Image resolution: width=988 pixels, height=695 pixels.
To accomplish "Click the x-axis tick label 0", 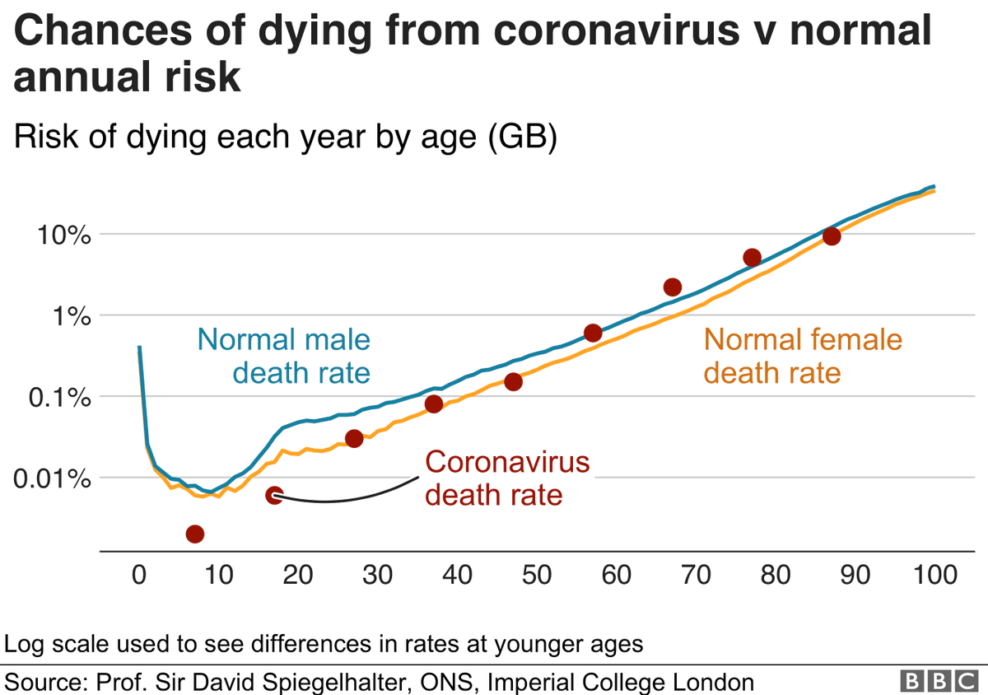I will pos(139,575).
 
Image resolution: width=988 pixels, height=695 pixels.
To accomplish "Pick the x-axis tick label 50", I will pos(537,575).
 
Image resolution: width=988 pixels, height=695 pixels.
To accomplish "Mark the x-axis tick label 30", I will pos(378,575).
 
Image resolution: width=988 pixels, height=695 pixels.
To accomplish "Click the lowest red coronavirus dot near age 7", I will pos(194,534).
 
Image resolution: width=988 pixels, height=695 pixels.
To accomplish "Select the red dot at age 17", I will pos(274,495).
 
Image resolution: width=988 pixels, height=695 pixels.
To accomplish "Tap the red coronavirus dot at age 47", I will pos(513,381).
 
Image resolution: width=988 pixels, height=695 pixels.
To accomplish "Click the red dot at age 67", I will pos(672,287).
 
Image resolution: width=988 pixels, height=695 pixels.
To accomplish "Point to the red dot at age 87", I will pos(832,236).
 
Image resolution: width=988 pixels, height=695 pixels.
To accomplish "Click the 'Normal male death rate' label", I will pos(284,356).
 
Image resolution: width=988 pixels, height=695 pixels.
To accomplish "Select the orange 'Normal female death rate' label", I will pos(803,356).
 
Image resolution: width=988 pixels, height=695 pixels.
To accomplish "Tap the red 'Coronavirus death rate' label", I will pos(507,478).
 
